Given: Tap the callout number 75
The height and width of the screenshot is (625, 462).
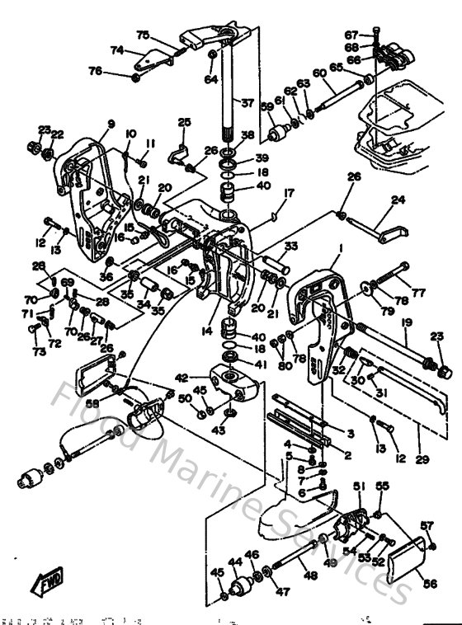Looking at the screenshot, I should click(x=143, y=35).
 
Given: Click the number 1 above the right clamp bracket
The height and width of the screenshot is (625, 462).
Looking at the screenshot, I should click(x=339, y=247).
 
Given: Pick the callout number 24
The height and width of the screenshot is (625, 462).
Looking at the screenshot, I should click(x=398, y=200).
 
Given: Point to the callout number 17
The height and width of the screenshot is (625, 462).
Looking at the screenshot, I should click(x=266, y=194).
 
